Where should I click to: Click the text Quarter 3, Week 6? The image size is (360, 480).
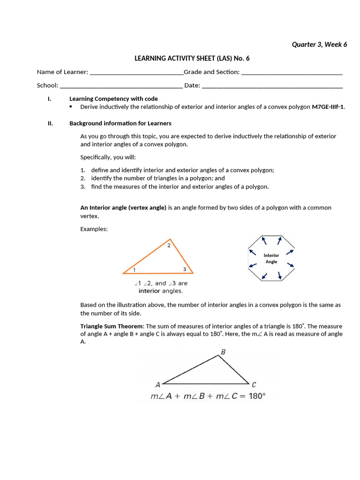click(x=319, y=45)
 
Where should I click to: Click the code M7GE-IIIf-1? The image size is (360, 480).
click(x=328, y=107)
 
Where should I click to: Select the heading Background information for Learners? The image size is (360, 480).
click(x=120, y=123)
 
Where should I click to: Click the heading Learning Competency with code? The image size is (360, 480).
click(x=113, y=99)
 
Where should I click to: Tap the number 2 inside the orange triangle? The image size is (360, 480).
click(x=169, y=245)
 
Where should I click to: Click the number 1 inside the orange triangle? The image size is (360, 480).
click(x=134, y=270)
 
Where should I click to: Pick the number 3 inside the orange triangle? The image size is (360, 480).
click(x=185, y=269)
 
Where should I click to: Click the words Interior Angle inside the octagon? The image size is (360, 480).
click(x=271, y=259)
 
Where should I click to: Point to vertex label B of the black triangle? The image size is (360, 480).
click(x=223, y=351)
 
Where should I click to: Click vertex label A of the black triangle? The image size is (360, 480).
click(x=157, y=385)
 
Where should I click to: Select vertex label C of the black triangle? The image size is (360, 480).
click(x=254, y=385)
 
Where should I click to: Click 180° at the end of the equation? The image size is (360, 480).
click(x=257, y=396)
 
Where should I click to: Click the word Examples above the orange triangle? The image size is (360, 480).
click(x=94, y=229)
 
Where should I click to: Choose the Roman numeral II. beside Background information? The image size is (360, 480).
click(x=51, y=123)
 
